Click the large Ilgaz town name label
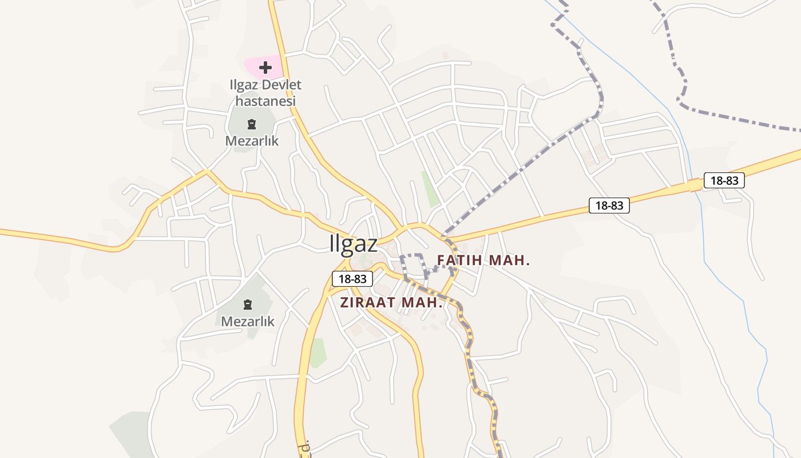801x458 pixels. [x=354, y=244]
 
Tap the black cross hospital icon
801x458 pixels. [x=265, y=68]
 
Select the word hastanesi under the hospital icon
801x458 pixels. [x=265, y=101]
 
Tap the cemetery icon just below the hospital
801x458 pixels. [x=251, y=124]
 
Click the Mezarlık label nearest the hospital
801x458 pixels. [x=252, y=141]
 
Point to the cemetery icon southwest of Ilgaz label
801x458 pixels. [x=248, y=304]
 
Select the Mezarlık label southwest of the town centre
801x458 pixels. [x=248, y=321]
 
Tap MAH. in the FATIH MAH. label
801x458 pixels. [x=511, y=260]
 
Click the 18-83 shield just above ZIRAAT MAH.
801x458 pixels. [x=352, y=279]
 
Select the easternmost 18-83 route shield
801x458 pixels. [x=724, y=181]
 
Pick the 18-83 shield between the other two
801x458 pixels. [x=609, y=206]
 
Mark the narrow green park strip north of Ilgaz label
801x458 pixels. [x=430, y=188]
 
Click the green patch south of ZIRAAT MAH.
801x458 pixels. [x=318, y=352]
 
